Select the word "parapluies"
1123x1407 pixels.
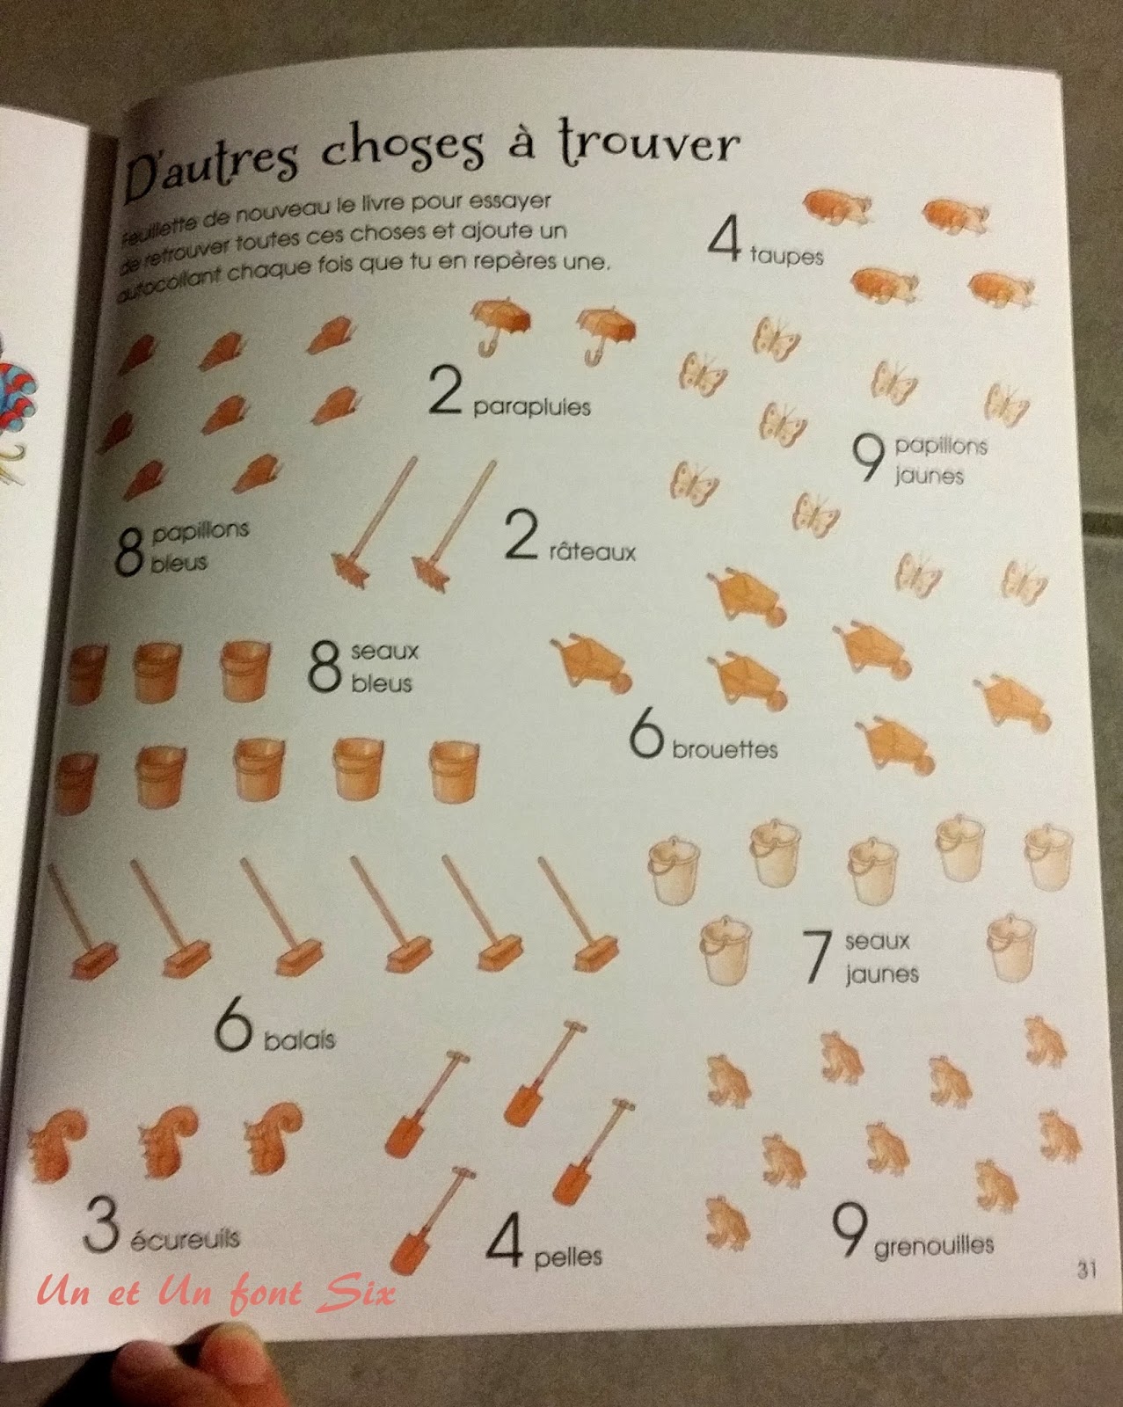[531, 407]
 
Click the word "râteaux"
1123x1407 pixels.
[592, 552]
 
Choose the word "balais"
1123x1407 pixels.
[300, 1039]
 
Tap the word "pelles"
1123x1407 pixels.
[567, 1256]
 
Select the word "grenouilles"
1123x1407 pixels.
[934, 1246]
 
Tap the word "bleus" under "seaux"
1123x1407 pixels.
[382, 684]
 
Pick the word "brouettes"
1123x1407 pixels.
[725, 748]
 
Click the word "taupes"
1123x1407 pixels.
[786, 256]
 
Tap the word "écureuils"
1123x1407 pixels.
[185, 1237]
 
